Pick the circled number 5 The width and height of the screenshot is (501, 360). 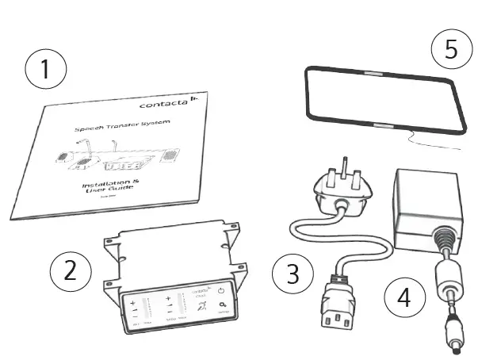(x=451, y=49)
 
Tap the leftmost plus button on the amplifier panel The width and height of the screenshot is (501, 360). (x=134, y=302)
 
